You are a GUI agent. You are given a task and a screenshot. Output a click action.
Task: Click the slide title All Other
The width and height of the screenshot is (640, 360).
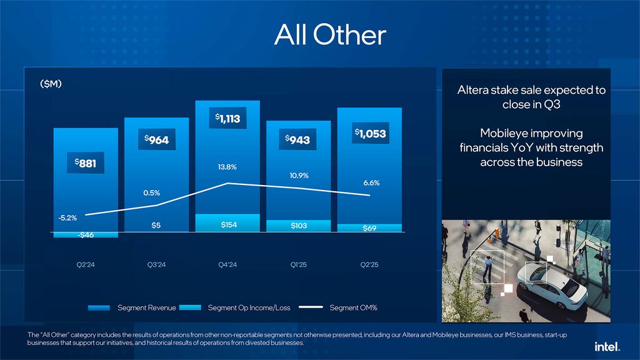pos(330,36)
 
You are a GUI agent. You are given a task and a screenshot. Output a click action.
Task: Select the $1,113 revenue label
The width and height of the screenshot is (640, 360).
pos(228,117)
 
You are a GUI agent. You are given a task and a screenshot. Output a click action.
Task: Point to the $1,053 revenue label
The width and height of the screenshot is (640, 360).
pos(370,133)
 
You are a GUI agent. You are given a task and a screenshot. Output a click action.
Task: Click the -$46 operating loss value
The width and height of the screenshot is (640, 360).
pos(86,235)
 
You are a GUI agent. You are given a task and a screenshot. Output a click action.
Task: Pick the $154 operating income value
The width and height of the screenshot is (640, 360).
pos(228,225)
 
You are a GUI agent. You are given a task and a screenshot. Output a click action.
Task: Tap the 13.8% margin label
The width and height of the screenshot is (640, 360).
pos(227,167)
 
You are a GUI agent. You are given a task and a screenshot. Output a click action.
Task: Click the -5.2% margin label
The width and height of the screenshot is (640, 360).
pos(68,218)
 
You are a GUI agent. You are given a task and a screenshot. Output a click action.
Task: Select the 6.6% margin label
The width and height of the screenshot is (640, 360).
pos(371,183)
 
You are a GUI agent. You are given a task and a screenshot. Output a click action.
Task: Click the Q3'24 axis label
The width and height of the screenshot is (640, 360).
pos(157,265)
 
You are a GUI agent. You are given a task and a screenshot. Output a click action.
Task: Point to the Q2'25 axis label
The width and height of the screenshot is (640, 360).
pos(369,265)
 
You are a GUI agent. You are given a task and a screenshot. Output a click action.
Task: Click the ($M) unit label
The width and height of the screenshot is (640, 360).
pos(51,84)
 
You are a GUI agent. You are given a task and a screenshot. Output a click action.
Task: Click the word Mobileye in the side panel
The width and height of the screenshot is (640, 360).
pos(509,133)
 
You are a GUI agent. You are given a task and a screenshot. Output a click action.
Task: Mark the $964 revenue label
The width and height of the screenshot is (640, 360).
pos(157,140)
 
